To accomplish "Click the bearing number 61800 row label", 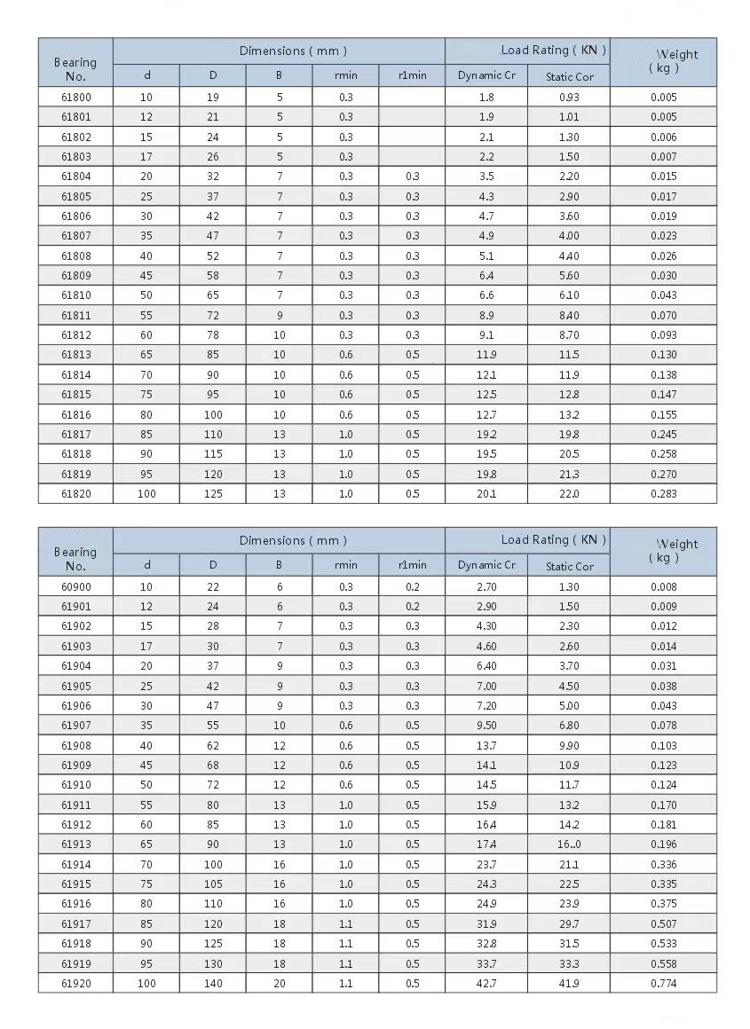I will (75, 97).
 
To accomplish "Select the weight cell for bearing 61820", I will (663, 494).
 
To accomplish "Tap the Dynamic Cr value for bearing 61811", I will (486, 315).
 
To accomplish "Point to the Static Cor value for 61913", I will (569, 844).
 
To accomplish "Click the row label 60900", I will (75, 586).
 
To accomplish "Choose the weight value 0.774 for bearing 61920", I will (663, 984).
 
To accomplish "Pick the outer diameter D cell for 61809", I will (213, 275).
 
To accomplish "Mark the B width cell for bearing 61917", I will (279, 923).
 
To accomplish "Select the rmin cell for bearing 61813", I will (345, 355).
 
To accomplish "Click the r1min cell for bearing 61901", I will (412, 607).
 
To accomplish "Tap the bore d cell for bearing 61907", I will (146, 726).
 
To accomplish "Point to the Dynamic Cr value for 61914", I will (486, 864).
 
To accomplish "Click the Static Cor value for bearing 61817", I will (569, 435).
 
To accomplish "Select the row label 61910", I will (75, 785).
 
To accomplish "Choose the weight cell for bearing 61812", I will (663, 335).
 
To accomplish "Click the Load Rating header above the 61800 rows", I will (527, 51).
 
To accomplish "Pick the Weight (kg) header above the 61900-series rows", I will (663, 551).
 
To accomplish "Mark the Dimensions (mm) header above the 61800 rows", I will (279, 51).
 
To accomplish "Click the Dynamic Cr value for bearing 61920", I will (486, 984).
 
